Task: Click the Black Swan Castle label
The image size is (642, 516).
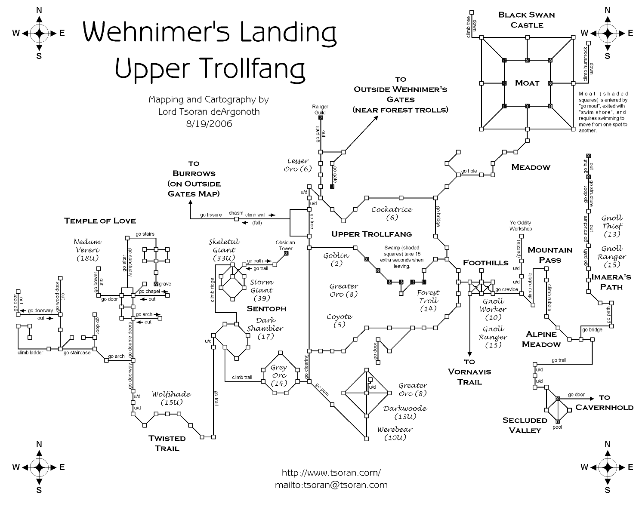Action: coord(526,20)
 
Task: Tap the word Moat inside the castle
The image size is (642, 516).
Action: coord(527,83)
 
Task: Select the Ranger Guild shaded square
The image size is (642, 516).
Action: coord(321,117)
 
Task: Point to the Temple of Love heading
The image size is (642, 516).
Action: coord(100,221)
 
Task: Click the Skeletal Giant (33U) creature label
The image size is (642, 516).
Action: coord(224,250)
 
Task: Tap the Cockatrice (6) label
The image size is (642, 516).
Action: coord(392,213)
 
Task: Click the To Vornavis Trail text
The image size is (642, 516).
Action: coord(469,372)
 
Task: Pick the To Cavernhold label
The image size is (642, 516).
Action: coord(604,402)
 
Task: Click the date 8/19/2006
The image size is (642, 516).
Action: coord(209,124)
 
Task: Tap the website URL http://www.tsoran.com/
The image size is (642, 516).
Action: coord(331,473)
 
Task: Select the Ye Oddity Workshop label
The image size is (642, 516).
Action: coord(521,226)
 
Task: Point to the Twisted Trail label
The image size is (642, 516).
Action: coord(167,443)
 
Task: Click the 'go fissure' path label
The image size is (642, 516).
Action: coord(211,215)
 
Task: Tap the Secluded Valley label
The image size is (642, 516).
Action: coord(525,425)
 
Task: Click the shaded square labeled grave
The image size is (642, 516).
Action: coord(156,284)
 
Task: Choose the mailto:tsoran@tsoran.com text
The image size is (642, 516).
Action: coord(331,485)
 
